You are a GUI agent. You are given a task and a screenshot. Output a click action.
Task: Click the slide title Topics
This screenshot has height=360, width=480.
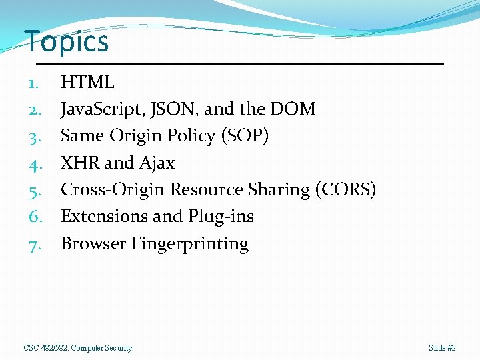click(x=66, y=41)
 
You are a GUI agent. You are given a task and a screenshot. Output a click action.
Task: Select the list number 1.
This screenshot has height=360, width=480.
click(x=35, y=83)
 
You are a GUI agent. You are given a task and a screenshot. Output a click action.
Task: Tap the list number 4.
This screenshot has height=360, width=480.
click(x=35, y=163)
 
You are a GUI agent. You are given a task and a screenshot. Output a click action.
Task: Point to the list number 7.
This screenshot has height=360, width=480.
click(x=35, y=244)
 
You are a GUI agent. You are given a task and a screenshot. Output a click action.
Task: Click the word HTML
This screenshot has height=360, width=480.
click(x=87, y=83)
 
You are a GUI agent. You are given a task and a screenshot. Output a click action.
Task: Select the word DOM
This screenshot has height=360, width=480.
click(x=294, y=109)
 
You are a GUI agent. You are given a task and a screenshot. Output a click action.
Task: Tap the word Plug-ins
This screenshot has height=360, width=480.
click(x=221, y=217)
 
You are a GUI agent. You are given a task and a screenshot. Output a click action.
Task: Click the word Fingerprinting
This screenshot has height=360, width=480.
click(x=190, y=244)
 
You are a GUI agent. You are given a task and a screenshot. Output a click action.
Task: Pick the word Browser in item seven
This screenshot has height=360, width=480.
click(x=93, y=244)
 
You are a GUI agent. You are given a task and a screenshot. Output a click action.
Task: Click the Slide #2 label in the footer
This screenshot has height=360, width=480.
click(x=443, y=348)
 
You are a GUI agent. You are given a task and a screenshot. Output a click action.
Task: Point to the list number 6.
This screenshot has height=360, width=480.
click(x=35, y=217)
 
